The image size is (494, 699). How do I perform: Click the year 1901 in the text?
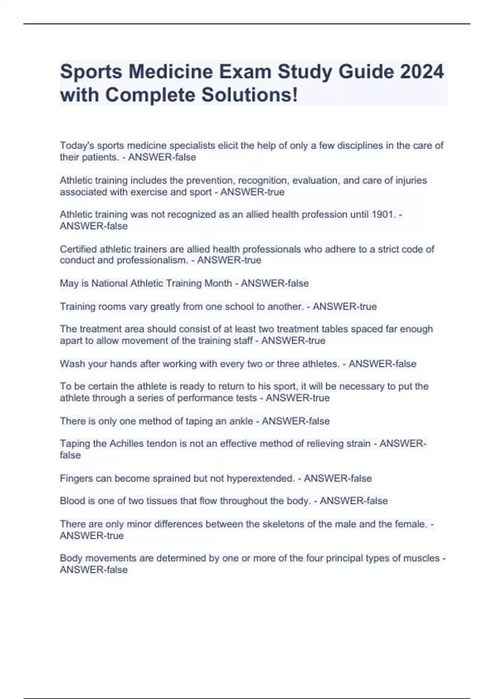tap(383, 215)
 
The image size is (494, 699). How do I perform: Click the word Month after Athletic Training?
tap(219, 284)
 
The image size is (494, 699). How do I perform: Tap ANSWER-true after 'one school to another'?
tap(345, 307)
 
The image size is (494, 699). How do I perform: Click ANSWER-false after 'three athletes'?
tap(382, 364)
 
